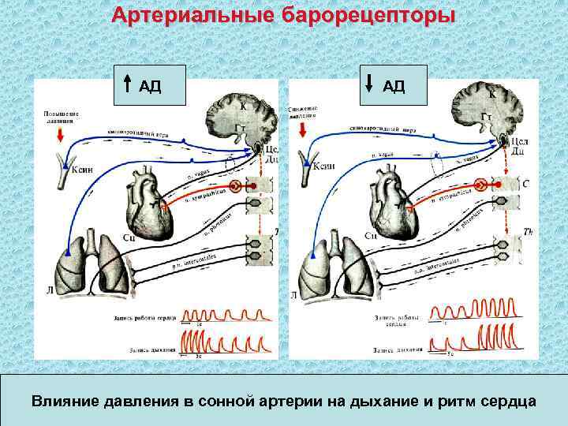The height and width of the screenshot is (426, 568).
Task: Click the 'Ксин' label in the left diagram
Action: coord(83,169)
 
